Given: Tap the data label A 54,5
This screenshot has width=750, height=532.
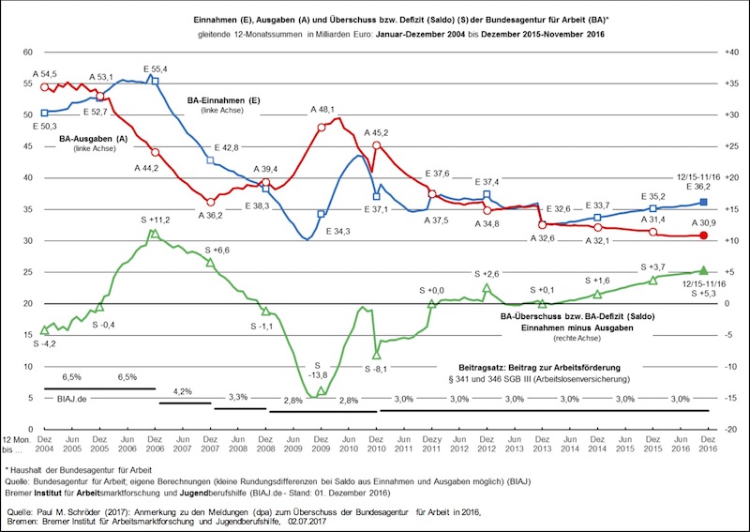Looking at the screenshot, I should tap(44, 73).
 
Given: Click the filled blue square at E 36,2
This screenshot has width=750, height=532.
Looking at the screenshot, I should tap(704, 202).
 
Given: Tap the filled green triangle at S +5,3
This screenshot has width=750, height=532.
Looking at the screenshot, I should tap(704, 270).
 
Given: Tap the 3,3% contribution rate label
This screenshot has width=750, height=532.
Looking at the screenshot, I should tap(238, 397).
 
